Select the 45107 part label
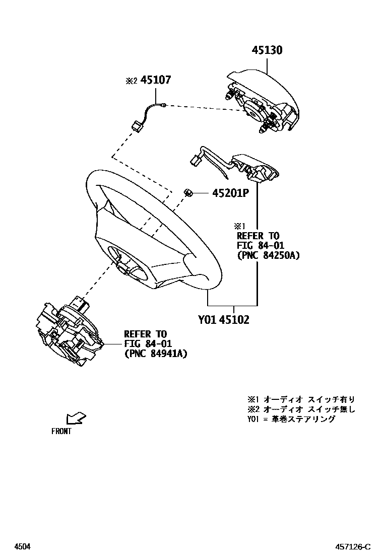[x=156, y=80]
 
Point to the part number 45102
[x=234, y=320]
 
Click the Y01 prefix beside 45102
[x=207, y=320]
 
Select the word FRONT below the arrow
[x=61, y=431]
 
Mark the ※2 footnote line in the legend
[x=301, y=409]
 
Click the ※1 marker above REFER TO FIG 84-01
[x=238, y=226]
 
